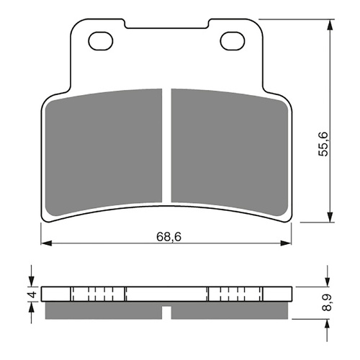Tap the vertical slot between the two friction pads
(x=167, y=144)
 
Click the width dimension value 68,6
(x=167, y=233)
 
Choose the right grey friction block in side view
(x=230, y=310)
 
